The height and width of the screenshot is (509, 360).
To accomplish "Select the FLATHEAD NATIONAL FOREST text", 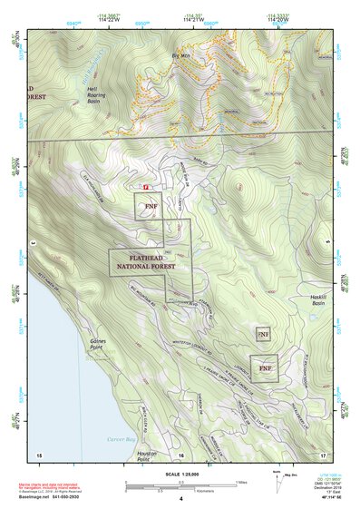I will coord(144,262).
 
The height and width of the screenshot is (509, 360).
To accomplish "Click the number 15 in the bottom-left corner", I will coord(39,454).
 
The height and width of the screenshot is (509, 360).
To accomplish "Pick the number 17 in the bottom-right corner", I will coord(322,454).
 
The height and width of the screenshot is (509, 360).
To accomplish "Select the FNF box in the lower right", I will coord(264,369).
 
